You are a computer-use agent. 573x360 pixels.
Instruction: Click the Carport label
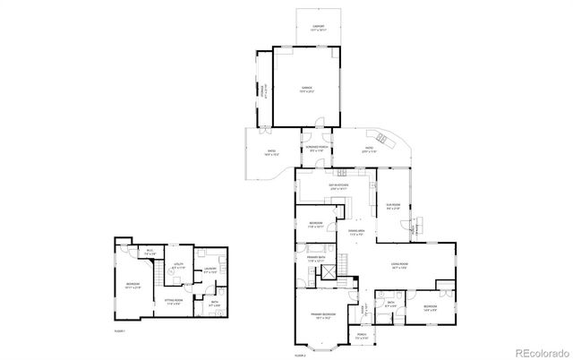[x=305, y=28]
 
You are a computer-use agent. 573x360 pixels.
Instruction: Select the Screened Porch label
[x=314, y=149]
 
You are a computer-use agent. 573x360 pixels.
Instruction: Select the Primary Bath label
[x=317, y=259]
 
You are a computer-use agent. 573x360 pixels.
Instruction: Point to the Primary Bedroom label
[x=323, y=316]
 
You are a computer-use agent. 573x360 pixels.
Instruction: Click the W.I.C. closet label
[x=150, y=253]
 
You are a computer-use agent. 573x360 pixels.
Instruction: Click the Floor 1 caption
[x=119, y=331]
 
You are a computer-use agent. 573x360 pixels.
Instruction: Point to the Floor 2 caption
[x=300, y=356]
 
